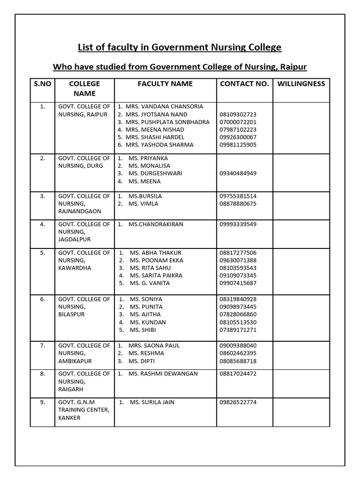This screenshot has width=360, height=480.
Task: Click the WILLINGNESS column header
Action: pos(301,84)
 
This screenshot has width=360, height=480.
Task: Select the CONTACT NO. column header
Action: pos(244,84)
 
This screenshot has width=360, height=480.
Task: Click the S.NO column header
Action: pos(43,84)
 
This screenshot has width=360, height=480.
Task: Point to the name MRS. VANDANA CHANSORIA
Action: pos(164,106)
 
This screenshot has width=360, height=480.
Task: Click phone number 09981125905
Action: pos(238,145)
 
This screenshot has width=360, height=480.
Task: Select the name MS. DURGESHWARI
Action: pos(155,173)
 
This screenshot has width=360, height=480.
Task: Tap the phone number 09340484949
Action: pos(238,173)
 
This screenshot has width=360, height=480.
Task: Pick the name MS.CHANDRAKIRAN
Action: pos(156,224)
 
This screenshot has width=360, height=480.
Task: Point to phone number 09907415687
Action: pos(238,283)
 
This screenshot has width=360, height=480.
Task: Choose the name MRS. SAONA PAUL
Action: pos(154,345)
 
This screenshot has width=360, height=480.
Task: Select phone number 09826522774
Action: pos(238,402)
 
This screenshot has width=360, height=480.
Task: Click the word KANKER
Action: pos(69,418)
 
